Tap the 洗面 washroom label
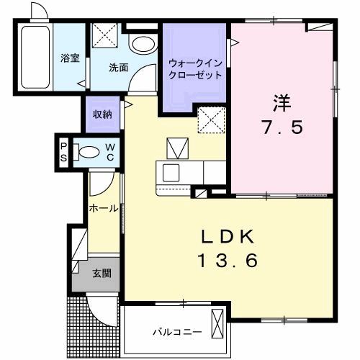click(x=119, y=68)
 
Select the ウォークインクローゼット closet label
click(x=195, y=69)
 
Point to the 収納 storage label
click(x=102, y=114)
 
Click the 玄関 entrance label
click(x=102, y=273)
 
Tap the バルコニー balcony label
click(x=176, y=333)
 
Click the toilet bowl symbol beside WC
click(x=89, y=153)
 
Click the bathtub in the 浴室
click(x=34, y=59)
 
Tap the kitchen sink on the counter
click(x=172, y=174)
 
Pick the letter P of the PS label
click(x=63, y=144)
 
